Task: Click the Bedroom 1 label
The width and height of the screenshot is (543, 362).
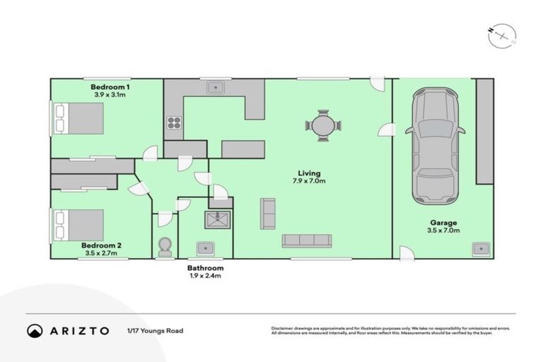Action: pyautogui.click(x=104, y=86)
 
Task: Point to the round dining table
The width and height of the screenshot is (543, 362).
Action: pyautogui.click(x=323, y=126)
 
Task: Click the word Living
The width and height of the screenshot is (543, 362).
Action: pyautogui.click(x=308, y=173)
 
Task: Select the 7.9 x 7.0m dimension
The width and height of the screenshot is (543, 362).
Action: pyautogui.click(x=308, y=181)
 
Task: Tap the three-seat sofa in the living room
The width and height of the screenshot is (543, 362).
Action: pyautogui.click(x=306, y=240)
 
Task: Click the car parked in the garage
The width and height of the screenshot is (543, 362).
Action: pyautogui.click(x=435, y=144)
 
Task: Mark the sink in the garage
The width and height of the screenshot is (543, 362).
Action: pyautogui.click(x=481, y=248)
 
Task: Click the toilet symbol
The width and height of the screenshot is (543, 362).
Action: pyautogui.click(x=165, y=246)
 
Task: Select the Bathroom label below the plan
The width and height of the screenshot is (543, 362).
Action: pyautogui.click(x=205, y=269)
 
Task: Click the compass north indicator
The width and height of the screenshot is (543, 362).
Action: pyautogui.click(x=501, y=35)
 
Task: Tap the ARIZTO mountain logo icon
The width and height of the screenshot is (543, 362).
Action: pyautogui.click(x=35, y=331)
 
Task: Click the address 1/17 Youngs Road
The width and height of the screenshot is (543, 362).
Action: pyautogui.click(x=154, y=331)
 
